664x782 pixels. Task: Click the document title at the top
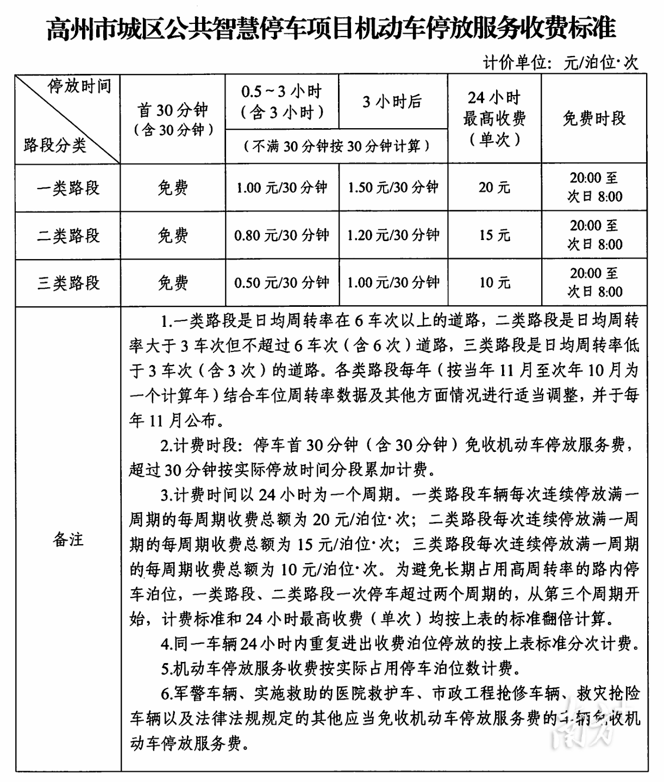point(331,27)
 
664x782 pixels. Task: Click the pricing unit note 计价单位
point(560,62)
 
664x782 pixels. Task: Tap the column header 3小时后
point(392,102)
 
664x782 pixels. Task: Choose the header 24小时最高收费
point(494,118)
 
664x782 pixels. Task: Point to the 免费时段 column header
point(594,118)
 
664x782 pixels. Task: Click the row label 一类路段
point(68,188)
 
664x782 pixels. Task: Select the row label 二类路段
point(68,236)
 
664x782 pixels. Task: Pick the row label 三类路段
point(68,283)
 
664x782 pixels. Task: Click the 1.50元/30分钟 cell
point(393,188)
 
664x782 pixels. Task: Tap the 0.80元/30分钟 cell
point(281,236)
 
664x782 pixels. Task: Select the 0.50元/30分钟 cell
point(281,283)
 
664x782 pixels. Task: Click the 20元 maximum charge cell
point(494,188)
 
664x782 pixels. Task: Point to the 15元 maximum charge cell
point(494,236)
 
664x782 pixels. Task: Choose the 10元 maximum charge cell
point(494,283)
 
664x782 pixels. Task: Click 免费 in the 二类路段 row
point(173,236)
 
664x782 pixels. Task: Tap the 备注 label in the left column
point(68,539)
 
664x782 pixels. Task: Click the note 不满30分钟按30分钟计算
point(336,146)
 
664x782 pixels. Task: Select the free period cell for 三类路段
point(594,283)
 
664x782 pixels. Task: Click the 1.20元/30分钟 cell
point(393,236)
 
